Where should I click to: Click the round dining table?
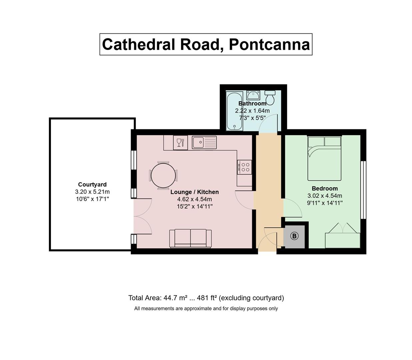(163, 175)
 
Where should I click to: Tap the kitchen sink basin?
(198, 142)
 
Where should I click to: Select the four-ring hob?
(244, 167)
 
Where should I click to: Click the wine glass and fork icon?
(180, 143)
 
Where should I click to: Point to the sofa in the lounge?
(190, 238)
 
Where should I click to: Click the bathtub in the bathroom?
(234, 111)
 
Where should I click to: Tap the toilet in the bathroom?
(270, 97)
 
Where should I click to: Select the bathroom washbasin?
(253, 95)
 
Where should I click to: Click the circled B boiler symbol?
(294, 236)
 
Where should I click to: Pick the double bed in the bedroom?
(324, 158)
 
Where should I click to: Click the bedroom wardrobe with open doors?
(343, 235)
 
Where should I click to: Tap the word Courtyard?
(92, 184)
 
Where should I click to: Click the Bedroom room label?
(325, 188)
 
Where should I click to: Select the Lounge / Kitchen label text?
(195, 192)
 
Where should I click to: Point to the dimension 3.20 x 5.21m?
(92, 192)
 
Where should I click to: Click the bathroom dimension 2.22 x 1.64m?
(252, 111)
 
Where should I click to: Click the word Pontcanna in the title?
(269, 44)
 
